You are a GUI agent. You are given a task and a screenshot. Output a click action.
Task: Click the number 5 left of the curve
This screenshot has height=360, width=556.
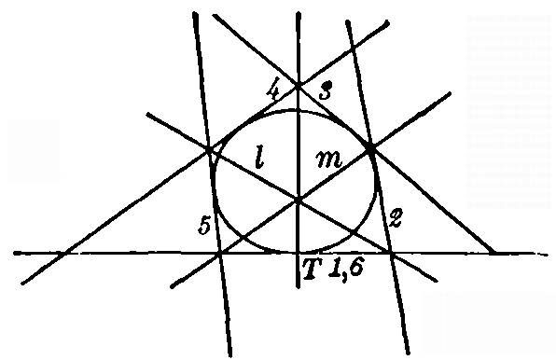[201, 227]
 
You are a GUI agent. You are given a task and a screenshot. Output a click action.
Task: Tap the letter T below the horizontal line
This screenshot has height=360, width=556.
[309, 269]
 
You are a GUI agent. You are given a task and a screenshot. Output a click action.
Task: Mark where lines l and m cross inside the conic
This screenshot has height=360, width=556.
[298, 200]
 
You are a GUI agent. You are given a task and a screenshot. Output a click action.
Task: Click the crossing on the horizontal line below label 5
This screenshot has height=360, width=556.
[219, 253]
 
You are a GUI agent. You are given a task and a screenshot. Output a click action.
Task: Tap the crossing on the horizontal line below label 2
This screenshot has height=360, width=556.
[391, 253]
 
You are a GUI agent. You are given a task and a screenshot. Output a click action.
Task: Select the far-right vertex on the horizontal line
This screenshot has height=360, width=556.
[493, 253]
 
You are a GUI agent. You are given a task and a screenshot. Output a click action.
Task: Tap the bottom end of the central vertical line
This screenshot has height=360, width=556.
[298, 287]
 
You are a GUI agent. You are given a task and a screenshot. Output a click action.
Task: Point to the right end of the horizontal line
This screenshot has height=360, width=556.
[547, 253]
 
